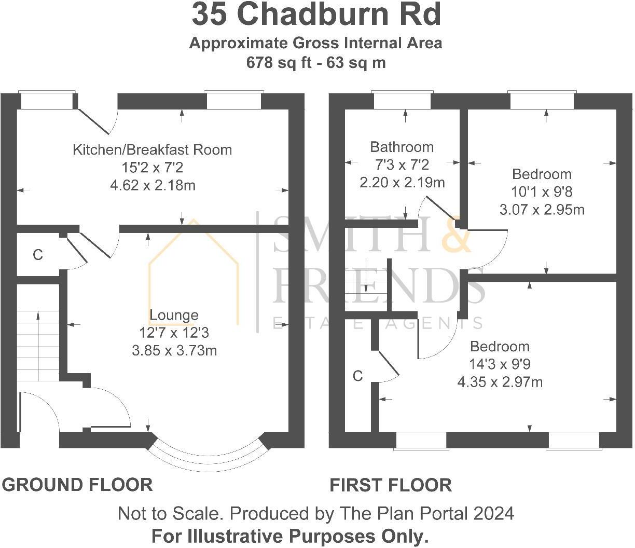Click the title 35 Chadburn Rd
[316, 15]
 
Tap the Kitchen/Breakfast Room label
[152, 150]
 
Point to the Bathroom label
[402, 147]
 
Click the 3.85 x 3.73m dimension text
[174, 351]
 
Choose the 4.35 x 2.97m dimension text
[500, 382]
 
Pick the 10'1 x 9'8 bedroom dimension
[542, 192]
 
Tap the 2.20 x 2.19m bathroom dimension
[402, 183]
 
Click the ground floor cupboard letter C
[37, 255]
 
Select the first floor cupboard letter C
[357, 376]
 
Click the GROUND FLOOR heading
[77, 485]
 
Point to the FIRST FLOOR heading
[391, 485]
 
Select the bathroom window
[402, 101]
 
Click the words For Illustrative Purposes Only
[290, 536]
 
